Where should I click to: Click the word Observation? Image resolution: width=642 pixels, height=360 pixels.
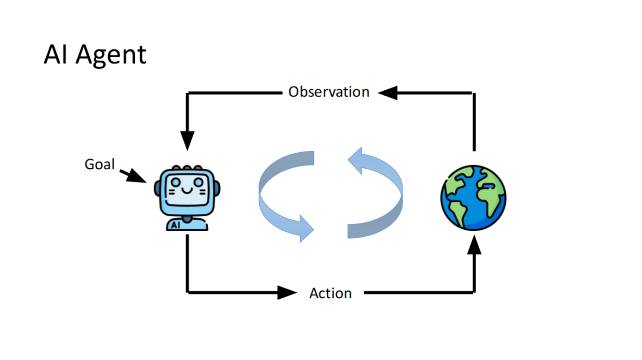pos(329,92)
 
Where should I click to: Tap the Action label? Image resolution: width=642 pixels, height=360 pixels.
pos(331,293)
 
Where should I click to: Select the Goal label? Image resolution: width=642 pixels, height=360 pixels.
pos(99,164)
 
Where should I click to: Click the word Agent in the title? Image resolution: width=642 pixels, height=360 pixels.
pos(111,55)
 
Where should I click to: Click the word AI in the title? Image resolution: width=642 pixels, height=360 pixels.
pos(55,54)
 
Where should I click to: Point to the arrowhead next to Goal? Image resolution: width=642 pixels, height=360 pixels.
pos(137,176)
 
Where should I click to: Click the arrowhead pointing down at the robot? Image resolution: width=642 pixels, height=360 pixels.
pos(187,141)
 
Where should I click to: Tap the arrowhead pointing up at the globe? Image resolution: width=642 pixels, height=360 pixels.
pos(474,245)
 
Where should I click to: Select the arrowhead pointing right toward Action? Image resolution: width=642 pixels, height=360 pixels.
pos(287,292)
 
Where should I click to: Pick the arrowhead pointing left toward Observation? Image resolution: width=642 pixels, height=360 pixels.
pos(388,93)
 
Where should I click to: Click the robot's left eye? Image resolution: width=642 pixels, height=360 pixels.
pos(175,182)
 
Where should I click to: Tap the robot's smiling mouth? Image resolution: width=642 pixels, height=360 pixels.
pos(187,191)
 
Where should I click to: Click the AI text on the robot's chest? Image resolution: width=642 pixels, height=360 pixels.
pos(175,225)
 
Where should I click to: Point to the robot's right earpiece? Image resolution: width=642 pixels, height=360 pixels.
pos(217,188)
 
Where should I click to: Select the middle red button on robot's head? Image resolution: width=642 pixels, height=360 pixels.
pos(187,168)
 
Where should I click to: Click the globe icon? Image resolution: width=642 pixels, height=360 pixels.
pos(473,198)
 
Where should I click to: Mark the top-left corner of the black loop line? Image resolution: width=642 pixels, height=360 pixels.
pos(187,93)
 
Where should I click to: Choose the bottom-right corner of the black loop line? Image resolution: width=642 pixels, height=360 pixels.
pos(474,292)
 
